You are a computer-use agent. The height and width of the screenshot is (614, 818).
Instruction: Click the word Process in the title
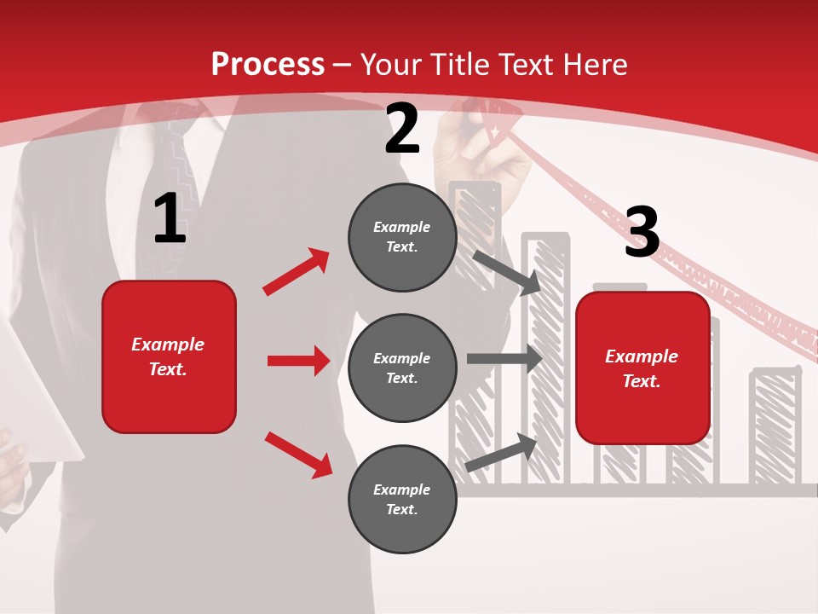point(268,64)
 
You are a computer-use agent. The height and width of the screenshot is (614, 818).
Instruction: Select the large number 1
point(170,218)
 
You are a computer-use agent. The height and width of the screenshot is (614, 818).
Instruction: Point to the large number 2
point(402,130)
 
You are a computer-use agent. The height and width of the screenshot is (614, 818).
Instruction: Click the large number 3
point(642,232)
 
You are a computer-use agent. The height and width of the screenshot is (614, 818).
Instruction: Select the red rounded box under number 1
point(169,356)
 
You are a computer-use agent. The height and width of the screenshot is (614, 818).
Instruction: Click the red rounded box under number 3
point(642,368)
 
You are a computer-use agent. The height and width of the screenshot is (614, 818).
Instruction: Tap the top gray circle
point(402,237)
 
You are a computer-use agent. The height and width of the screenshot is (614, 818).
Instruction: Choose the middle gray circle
point(402,368)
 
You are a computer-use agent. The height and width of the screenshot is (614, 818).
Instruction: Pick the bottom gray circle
point(402,499)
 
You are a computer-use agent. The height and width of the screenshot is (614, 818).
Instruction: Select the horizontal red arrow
point(298,361)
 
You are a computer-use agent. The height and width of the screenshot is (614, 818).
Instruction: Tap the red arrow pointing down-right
point(298,455)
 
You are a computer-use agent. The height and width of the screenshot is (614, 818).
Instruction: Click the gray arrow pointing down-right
point(507,272)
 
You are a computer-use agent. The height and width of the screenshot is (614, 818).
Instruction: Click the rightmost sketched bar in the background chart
point(775,426)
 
